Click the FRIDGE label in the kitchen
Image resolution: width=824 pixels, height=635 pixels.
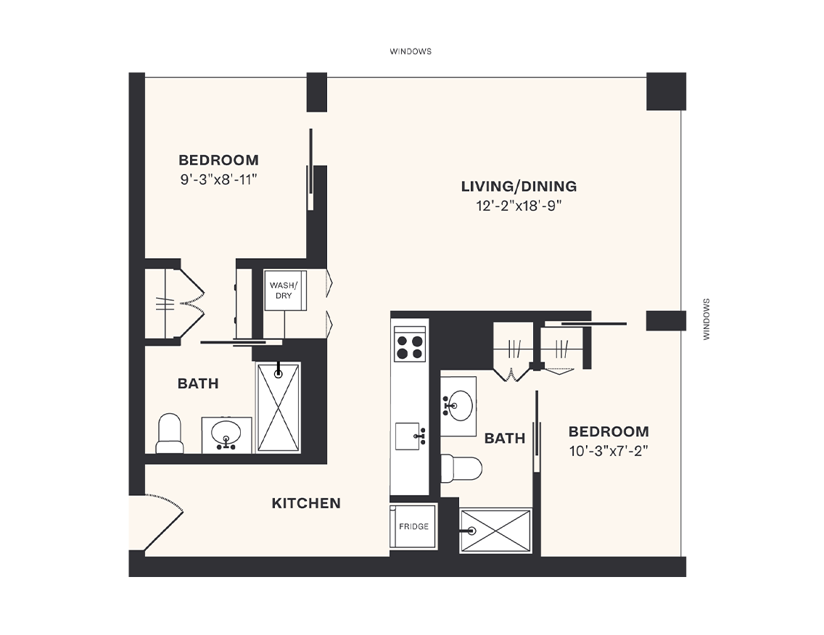coord(413,527)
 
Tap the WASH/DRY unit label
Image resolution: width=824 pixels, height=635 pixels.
coord(281,290)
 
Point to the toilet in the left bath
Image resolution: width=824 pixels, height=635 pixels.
coord(170,433)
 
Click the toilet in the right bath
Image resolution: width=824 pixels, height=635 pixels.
coord(462,468)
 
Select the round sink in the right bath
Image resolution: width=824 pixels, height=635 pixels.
coord(458,403)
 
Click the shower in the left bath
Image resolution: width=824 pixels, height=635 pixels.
coord(278,407)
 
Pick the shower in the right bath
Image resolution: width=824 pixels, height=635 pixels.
coord(496,531)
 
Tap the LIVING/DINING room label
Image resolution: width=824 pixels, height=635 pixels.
coord(519,186)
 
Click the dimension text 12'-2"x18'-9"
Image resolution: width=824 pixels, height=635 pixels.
coord(519,206)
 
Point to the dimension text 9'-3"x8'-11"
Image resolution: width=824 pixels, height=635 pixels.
coord(219,180)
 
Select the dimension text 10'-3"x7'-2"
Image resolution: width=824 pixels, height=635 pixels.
coord(608,450)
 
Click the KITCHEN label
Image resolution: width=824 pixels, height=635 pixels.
coord(306,503)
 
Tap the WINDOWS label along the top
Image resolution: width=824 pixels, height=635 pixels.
coord(411,51)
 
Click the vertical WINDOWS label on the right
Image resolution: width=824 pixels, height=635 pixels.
coord(706,320)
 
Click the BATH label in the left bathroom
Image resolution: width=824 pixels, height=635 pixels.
coord(198,383)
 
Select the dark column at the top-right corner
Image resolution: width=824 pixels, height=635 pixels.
coord(665,91)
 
